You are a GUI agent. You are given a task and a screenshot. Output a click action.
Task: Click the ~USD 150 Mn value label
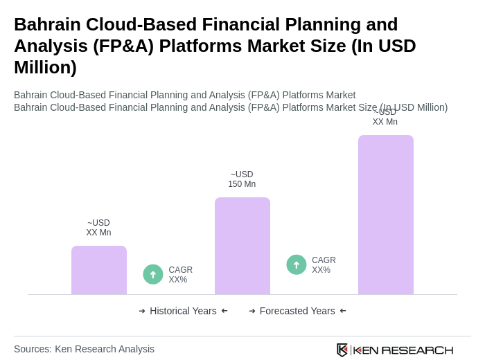pos(242,179)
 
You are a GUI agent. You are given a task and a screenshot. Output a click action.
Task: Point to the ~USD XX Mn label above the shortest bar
pos(98,228)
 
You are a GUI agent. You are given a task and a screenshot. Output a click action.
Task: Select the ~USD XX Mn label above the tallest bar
pos(385,117)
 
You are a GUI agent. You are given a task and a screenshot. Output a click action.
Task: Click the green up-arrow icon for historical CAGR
pos(153,274)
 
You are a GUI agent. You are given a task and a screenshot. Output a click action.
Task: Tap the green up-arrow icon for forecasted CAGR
pos(297,264)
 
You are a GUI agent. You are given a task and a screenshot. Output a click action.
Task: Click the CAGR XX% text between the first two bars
pos(181,275)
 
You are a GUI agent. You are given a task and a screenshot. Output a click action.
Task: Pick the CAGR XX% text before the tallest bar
pos(324,265)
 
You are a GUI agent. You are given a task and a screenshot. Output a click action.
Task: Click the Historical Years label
pos(183,311)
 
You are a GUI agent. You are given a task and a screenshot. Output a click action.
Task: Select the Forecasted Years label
pos(297,311)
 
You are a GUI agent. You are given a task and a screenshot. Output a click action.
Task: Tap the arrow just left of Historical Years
pos(142,311)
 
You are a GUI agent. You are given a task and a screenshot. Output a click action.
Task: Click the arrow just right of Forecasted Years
pos(343,311)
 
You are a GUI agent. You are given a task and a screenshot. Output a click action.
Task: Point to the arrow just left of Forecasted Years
pos(252,311)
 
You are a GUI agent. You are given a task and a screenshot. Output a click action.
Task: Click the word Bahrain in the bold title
pos(46,24)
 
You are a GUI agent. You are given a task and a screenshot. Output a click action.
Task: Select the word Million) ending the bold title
pos(45,67)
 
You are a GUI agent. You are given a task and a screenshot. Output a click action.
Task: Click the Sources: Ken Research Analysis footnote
pos(84,349)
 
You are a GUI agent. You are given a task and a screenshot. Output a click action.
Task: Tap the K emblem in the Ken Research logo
pos(342,350)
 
